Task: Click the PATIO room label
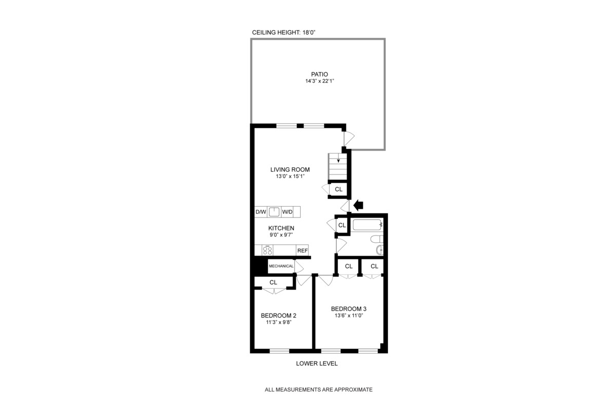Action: coord(319,74)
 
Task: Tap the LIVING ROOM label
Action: coord(291,170)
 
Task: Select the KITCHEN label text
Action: coord(281,228)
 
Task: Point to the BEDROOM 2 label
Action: coord(278,316)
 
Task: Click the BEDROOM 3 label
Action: coord(349,309)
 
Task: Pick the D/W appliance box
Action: coord(261,212)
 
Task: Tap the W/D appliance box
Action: coord(287,212)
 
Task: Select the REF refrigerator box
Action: coord(302,250)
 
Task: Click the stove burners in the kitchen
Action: coord(267,250)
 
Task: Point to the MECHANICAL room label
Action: coord(281,266)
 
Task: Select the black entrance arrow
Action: coord(358,205)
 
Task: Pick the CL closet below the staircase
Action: coord(338,189)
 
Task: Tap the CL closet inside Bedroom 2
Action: coord(273,283)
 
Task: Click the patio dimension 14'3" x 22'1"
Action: coord(319,82)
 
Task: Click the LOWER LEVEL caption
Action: coord(317,364)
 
